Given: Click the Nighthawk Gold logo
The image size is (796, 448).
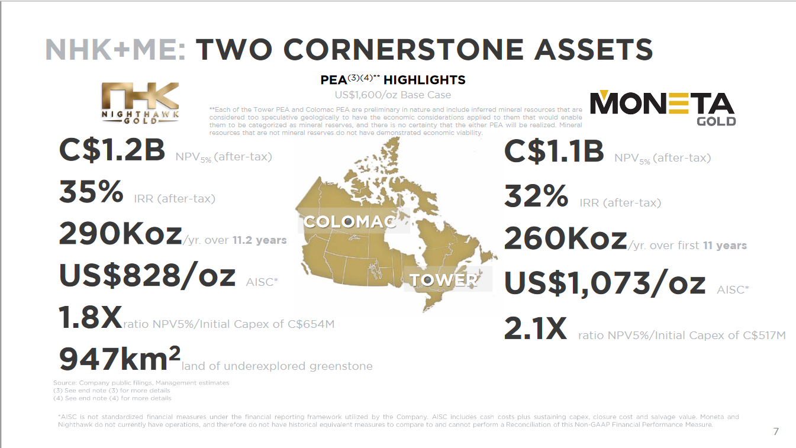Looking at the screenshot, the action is [x=140, y=103].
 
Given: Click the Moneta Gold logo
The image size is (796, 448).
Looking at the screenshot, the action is [x=663, y=108].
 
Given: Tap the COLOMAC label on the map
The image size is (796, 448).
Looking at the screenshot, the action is [x=350, y=222].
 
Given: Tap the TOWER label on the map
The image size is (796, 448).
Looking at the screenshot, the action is [x=444, y=279].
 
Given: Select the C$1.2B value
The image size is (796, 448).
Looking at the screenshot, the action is [x=112, y=150].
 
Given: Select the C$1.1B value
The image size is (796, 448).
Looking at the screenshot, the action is [x=554, y=151].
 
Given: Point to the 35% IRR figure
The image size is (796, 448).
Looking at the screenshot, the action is [x=91, y=192].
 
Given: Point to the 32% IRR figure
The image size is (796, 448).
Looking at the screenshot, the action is [x=536, y=196].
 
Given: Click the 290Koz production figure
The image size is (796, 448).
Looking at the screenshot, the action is [x=121, y=233].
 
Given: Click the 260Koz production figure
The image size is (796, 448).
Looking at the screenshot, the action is [x=565, y=238].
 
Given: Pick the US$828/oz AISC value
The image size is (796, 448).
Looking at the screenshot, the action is [x=147, y=276].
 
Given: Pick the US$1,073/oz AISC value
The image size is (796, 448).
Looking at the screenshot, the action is [x=605, y=283].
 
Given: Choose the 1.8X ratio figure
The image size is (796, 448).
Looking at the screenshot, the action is [x=91, y=317].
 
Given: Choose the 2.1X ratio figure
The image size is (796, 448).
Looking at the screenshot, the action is [x=536, y=328].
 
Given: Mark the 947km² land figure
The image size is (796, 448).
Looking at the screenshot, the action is [x=120, y=359].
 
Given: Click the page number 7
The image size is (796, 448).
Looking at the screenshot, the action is [x=776, y=431].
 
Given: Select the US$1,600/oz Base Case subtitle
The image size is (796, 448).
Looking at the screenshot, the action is [x=392, y=95].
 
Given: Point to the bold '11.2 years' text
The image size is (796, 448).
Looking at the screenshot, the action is [x=259, y=240].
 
